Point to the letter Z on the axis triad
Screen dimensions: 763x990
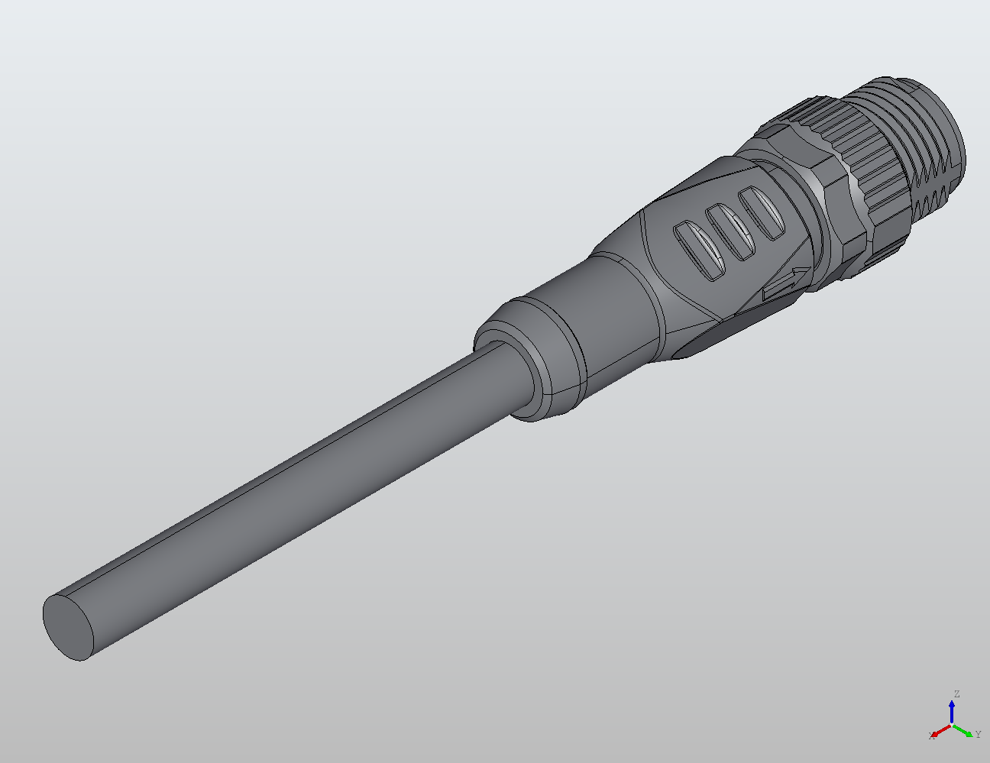point(956,694)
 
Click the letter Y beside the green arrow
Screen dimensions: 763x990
point(978,735)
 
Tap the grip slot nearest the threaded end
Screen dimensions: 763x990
point(763,213)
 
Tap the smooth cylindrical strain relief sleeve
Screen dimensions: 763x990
point(603,313)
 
